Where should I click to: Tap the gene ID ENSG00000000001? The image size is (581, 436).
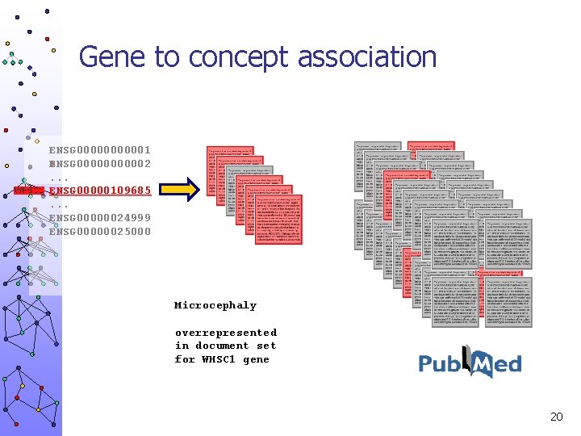100,150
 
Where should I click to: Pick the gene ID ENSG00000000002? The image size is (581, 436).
100,164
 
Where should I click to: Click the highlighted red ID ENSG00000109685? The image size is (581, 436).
100,191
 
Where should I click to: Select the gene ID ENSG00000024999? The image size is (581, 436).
100,218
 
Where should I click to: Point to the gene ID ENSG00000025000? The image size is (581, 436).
100,232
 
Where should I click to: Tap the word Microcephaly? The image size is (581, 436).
215,306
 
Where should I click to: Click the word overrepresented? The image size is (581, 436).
226,333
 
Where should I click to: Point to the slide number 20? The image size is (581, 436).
556,417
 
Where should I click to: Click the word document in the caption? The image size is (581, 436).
222,346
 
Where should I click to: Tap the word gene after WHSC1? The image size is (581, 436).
256,359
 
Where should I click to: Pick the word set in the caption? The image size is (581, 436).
266,346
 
